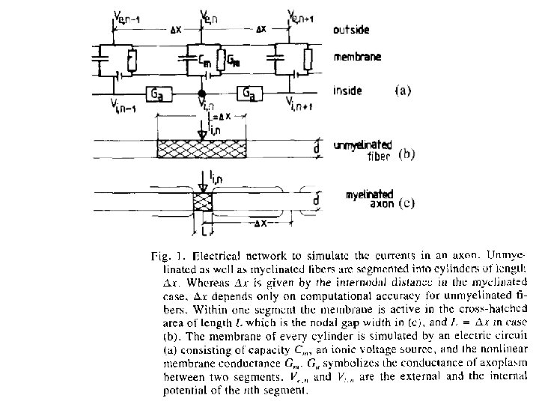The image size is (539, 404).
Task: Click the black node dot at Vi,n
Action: (x=201, y=94)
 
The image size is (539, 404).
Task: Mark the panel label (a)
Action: (x=402, y=91)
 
